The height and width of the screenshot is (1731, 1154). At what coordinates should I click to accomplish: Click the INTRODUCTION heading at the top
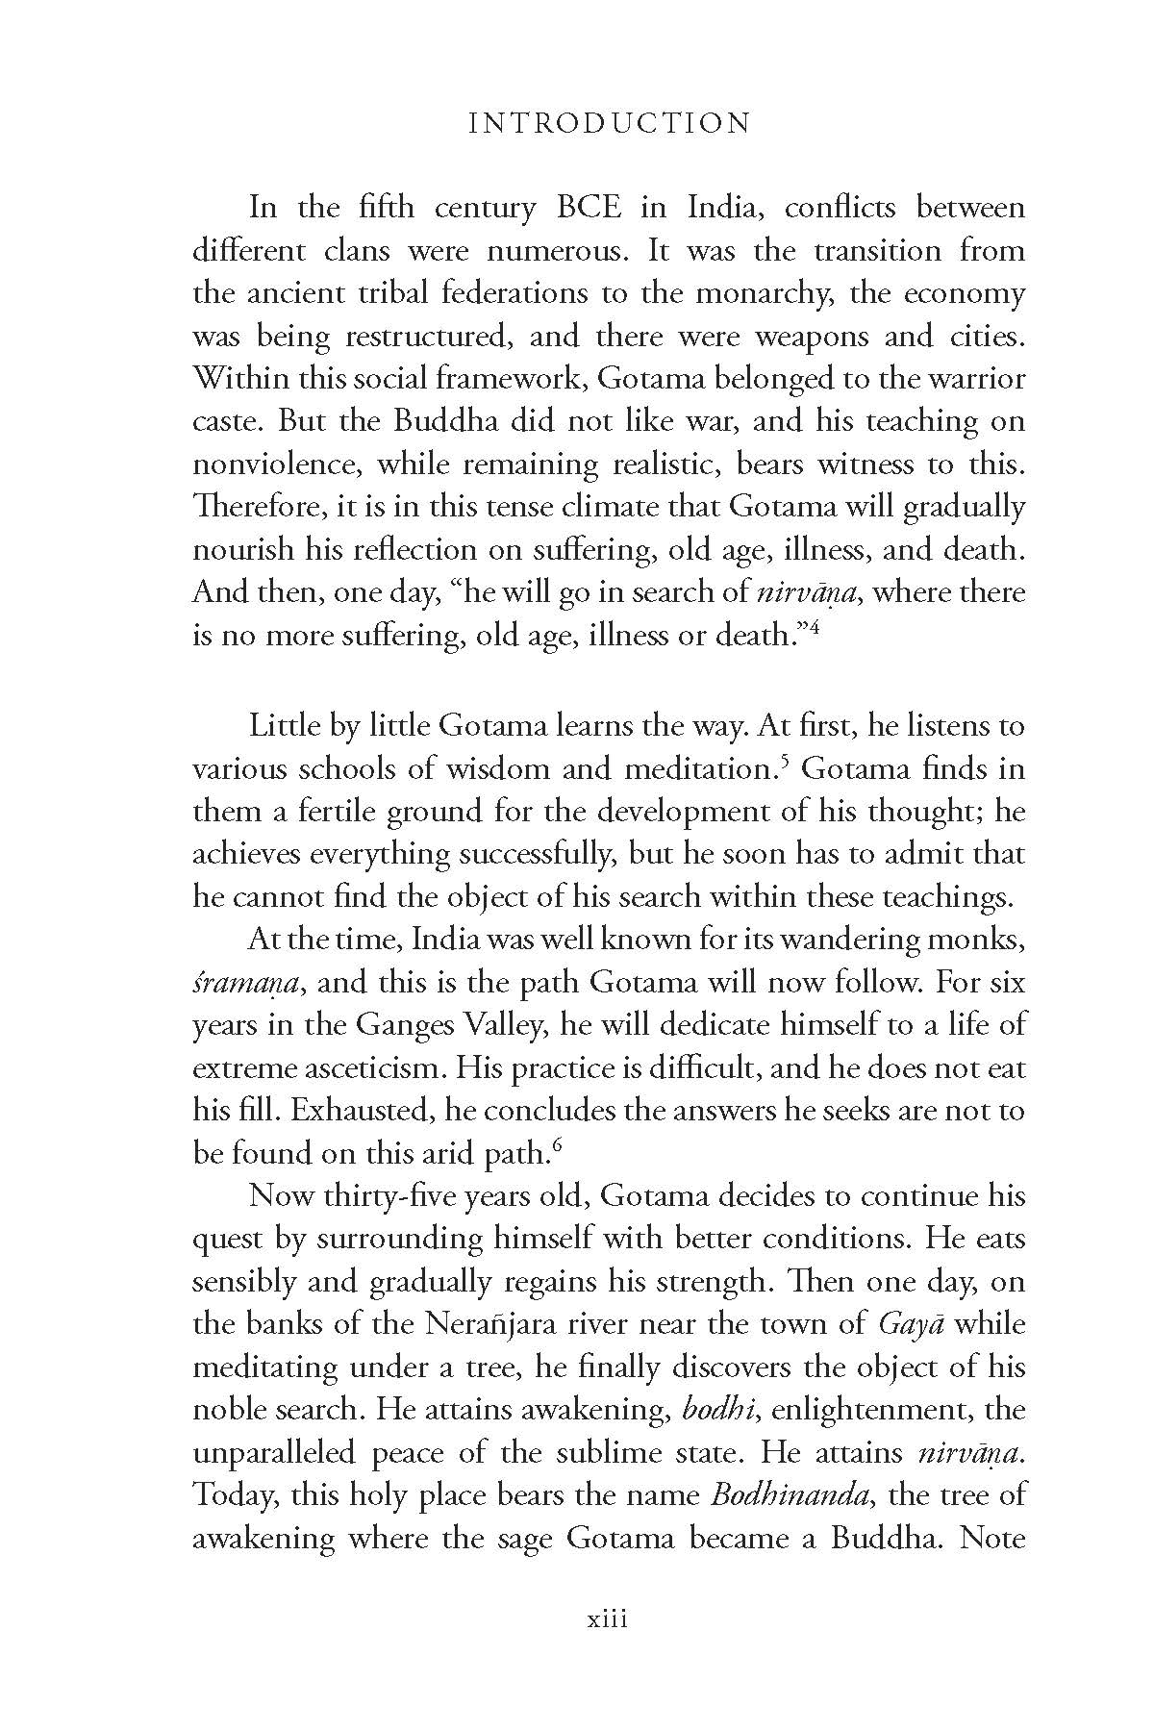tap(607, 124)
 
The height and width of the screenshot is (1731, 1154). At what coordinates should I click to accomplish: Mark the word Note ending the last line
tap(993, 1538)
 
